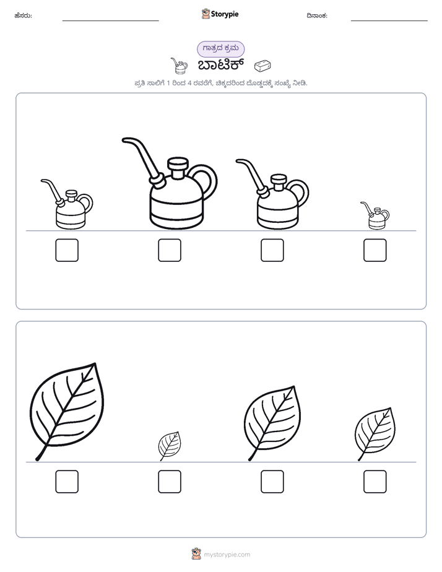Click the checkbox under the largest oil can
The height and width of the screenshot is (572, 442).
(x=170, y=250)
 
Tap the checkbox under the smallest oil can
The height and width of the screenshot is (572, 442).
(x=375, y=250)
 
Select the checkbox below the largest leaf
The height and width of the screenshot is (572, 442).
(x=67, y=482)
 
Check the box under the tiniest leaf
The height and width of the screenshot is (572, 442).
(x=170, y=482)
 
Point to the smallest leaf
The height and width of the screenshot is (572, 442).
(x=170, y=446)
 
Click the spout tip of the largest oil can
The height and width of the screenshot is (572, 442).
(x=124, y=141)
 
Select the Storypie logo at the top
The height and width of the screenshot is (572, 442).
(x=220, y=14)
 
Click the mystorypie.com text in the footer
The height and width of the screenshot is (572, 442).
(x=227, y=555)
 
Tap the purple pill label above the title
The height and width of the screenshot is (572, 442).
(x=220, y=49)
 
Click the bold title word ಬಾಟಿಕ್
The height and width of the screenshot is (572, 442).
(x=220, y=65)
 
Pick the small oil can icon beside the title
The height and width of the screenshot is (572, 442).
(x=179, y=66)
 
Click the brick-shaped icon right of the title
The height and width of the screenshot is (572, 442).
(x=262, y=66)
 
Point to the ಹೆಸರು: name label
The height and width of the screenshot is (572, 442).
(x=24, y=15)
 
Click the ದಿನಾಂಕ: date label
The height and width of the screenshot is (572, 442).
(x=317, y=15)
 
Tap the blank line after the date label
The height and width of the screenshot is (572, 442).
(x=389, y=21)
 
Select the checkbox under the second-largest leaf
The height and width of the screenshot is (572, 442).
(x=272, y=482)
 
